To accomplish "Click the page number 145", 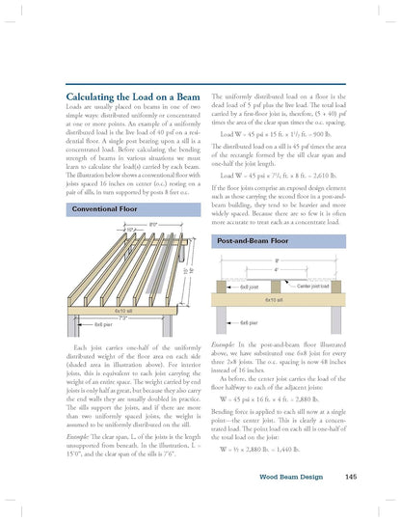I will point(351,476).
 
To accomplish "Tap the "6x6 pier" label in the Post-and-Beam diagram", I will point(248,321).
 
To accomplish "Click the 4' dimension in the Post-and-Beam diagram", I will point(278,269).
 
